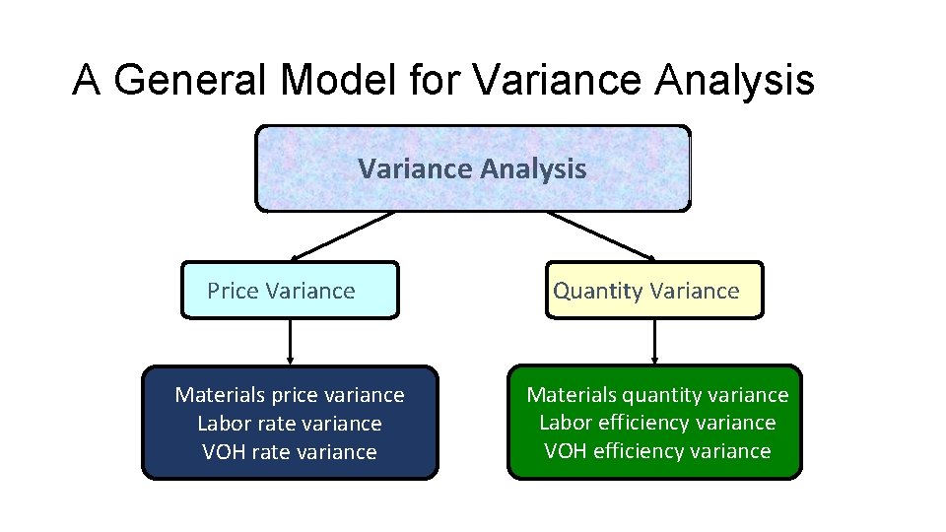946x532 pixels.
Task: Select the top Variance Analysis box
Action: [x=472, y=168]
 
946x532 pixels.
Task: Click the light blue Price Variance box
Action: [x=290, y=291]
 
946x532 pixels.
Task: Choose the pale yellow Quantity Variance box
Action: [x=654, y=291]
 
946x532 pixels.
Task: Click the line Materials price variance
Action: [x=290, y=395]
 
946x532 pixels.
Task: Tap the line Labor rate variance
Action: [x=290, y=424]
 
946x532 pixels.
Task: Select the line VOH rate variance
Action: [x=290, y=452]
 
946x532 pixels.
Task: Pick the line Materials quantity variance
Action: [x=657, y=395]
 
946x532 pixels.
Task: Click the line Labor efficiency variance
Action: [x=657, y=423]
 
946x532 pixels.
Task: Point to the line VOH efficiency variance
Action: [x=657, y=451]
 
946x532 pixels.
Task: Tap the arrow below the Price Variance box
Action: [x=290, y=342]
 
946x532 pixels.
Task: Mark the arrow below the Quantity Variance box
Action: [x=654, y=342]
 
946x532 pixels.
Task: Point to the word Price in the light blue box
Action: [x=233, y=291]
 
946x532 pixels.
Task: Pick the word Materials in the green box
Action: [x=572, y=395]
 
